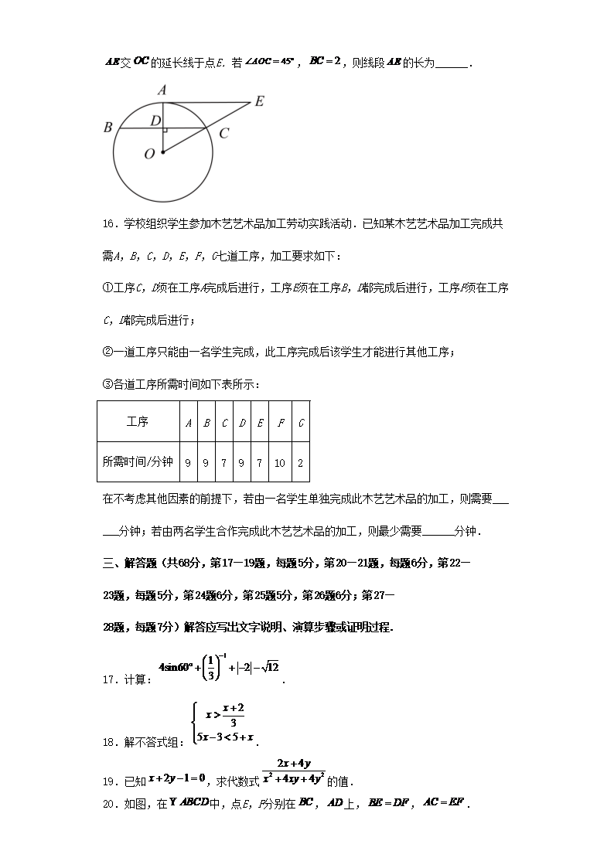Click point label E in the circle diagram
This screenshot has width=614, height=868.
click(259, 101)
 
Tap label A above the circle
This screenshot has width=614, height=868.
click(162, 90)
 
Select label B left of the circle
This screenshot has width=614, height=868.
click(107, 128)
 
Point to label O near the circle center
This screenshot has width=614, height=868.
click(149, 154)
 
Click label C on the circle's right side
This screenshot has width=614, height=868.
click(223, 133)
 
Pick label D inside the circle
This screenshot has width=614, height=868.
click(155, 121)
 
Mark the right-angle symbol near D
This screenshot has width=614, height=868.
click(165, 131)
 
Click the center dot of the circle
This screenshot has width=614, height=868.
click(162, 152)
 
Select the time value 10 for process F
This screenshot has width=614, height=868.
click(280, 463)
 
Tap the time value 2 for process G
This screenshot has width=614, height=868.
click(300, 463)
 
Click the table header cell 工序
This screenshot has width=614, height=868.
click(138, 422)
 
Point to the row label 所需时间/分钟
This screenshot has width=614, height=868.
click(138, 463)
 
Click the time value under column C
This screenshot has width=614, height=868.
click(224, 463)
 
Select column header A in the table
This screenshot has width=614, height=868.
click(189, 422)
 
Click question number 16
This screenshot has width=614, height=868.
click(110, 224)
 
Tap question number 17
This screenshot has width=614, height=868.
click(110, 679)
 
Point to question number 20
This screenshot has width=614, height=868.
click(110, 804)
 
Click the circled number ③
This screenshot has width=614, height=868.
click(107, 384)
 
